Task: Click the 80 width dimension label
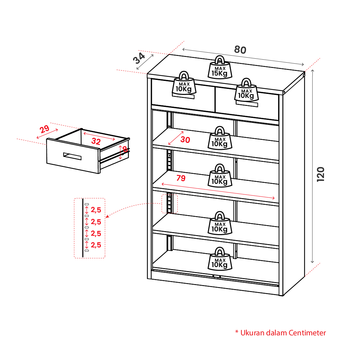coord(240,50)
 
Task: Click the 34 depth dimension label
coord(140,59)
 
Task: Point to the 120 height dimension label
coord(320,174)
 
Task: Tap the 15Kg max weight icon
coord(219,68)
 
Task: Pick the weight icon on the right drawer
coord(246,90)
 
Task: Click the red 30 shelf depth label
coord(185,140)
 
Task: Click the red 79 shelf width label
coord(181,178)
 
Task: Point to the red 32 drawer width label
coord(96,141)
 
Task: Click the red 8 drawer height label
coord(125,149)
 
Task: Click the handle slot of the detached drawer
coord(72,156)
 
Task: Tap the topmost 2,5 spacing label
coord(96,210)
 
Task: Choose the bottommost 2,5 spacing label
coord(96,245)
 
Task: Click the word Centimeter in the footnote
coord(307,333)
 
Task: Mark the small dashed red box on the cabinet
coord(170,203)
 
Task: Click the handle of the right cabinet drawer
coord(247,105)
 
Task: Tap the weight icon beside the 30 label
coord(219,138)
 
